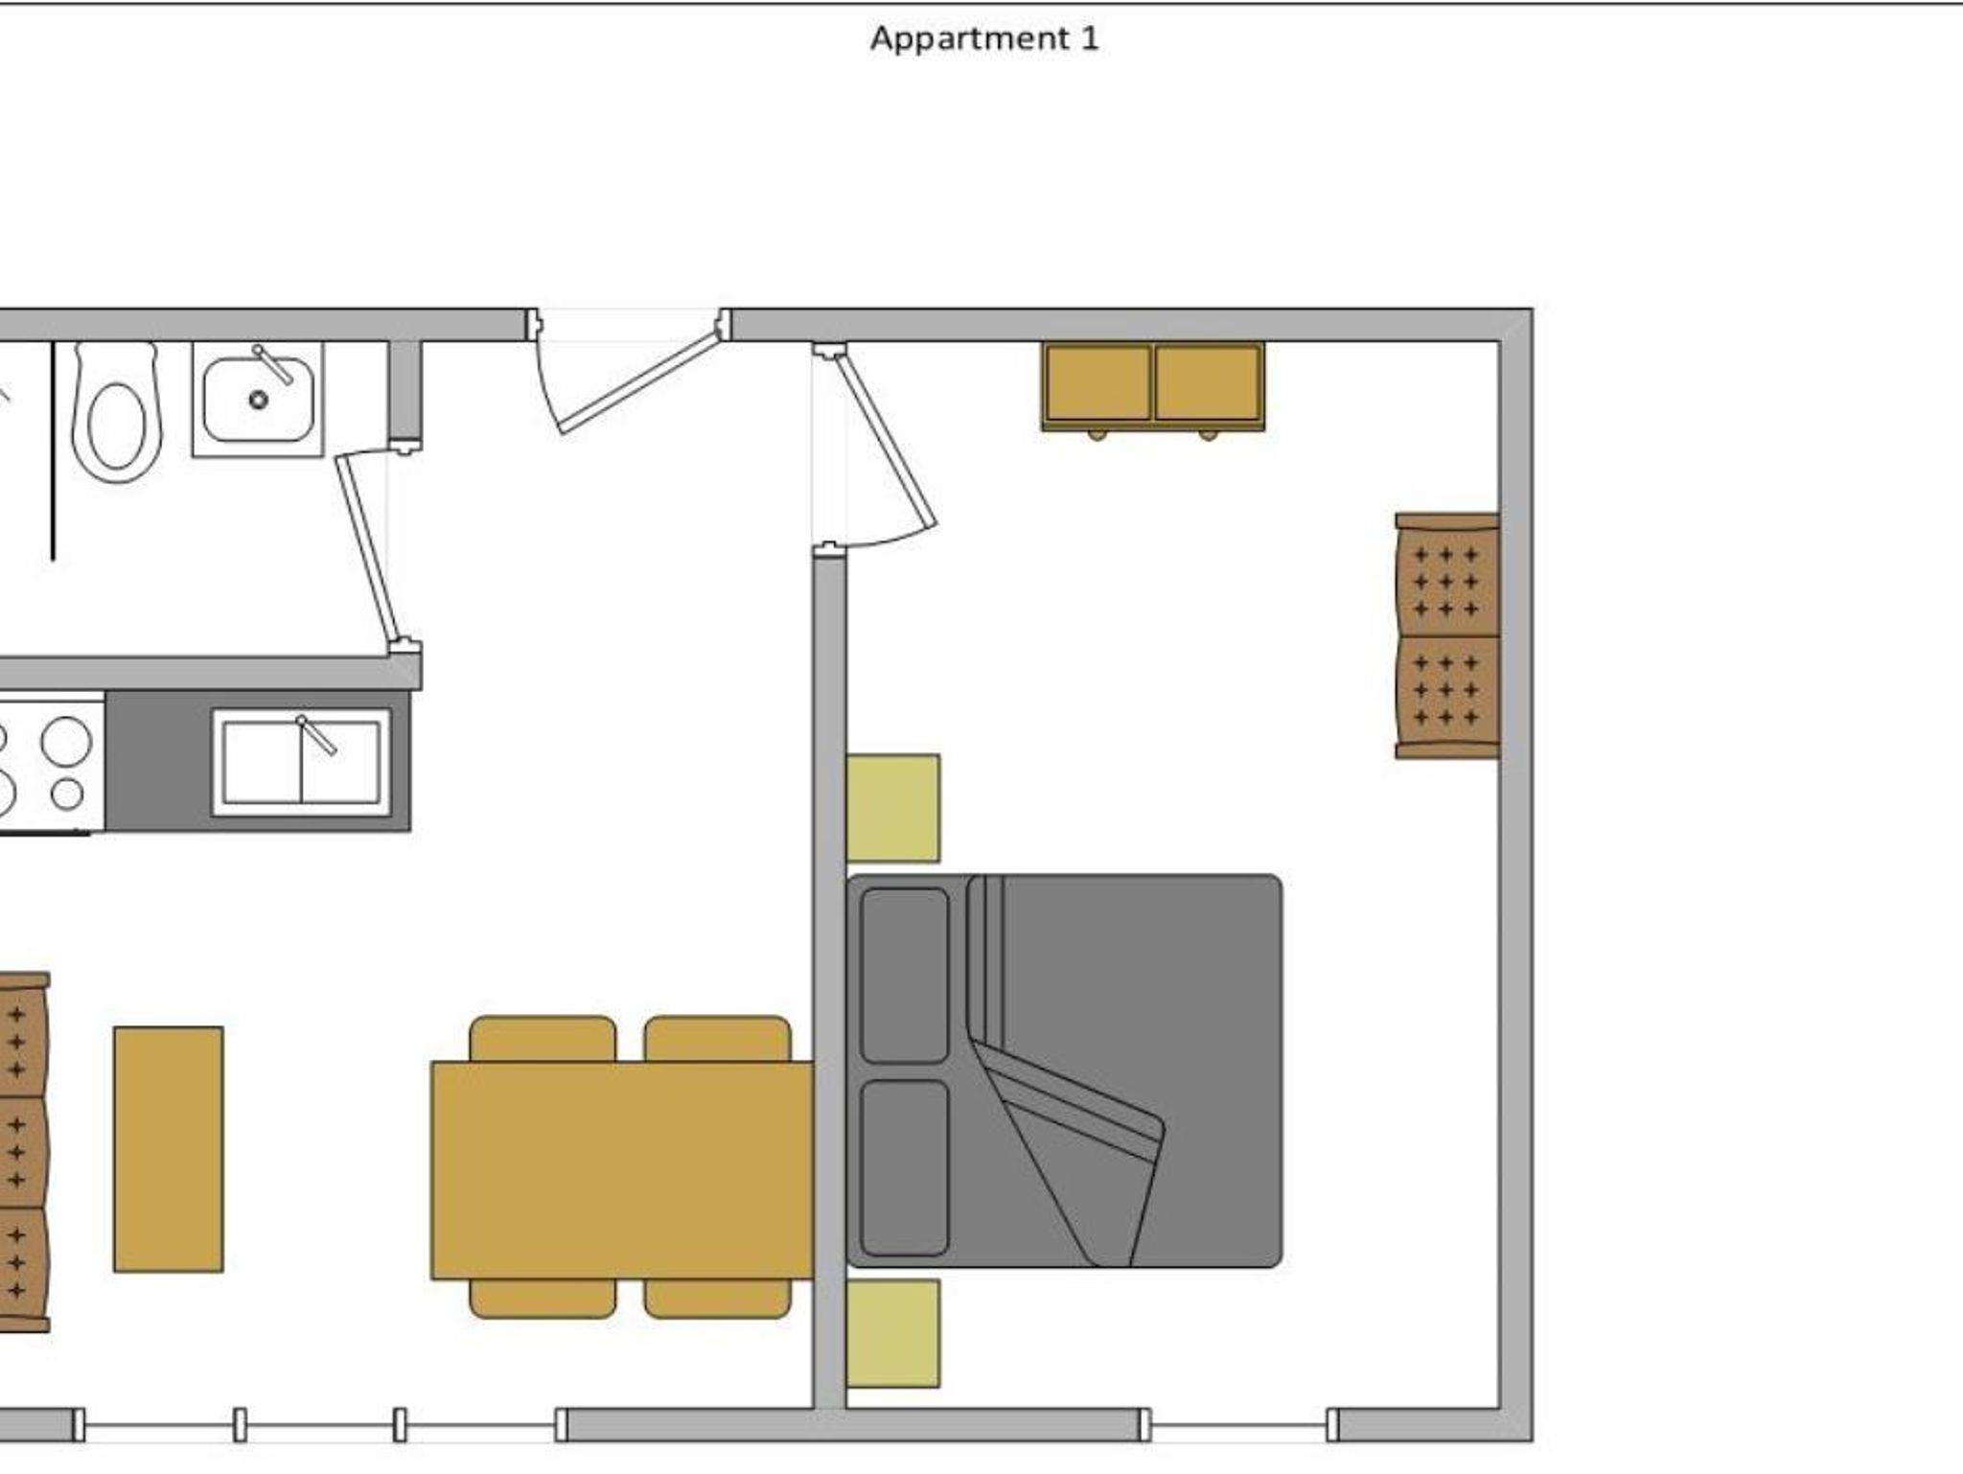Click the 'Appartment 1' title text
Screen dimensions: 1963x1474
984,39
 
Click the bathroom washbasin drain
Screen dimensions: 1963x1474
258,399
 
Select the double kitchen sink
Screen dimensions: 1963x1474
301,762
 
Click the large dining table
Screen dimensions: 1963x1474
622,1169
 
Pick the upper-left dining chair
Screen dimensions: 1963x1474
543,1039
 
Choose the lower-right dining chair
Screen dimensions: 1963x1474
718,1299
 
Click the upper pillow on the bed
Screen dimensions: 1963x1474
904,975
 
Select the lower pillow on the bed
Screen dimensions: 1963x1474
904,1167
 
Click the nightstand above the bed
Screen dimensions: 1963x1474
893,808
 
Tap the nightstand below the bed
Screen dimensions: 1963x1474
893,1333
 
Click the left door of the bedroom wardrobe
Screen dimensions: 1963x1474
1098,383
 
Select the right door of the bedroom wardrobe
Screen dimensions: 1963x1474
1208,383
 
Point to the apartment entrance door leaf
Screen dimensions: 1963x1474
637,380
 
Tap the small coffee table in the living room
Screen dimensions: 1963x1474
169,1149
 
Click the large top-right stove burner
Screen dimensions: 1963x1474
66,741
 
